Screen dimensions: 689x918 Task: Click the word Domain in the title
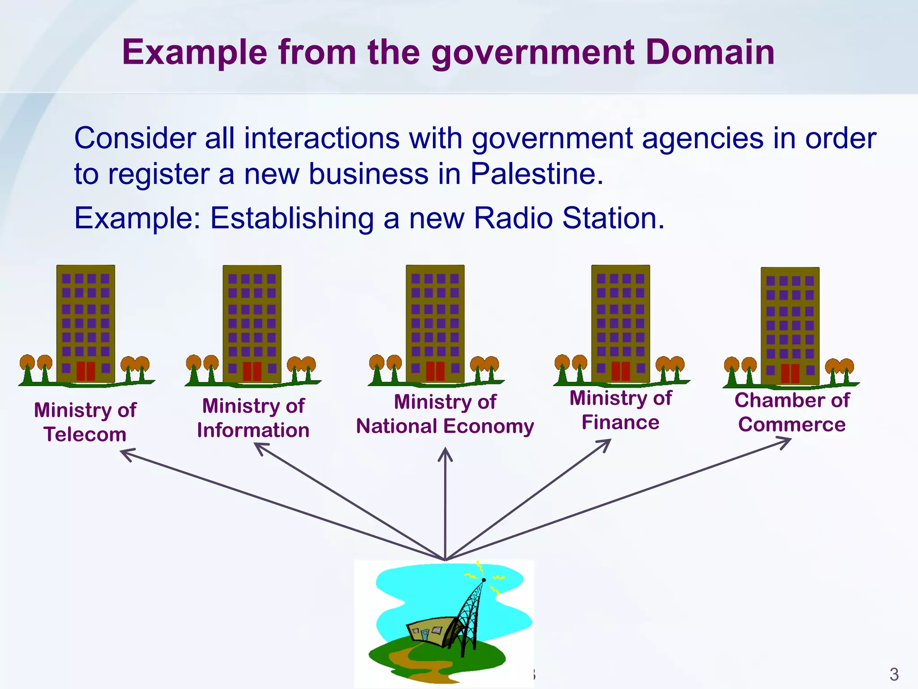tap(710, 52)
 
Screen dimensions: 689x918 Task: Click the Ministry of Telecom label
tap(85, 422)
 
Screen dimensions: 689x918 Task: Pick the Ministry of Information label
tap(253, 418)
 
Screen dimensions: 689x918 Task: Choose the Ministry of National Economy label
tap(445, 414)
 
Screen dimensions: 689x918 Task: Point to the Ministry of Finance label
tap(621, 410)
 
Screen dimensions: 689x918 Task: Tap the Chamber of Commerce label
tap(792, 412)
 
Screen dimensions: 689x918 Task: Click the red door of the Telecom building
tap(86, 371)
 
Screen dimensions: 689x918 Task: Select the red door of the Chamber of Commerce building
tap(790, 373)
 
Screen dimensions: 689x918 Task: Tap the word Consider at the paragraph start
tap(134, 138)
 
